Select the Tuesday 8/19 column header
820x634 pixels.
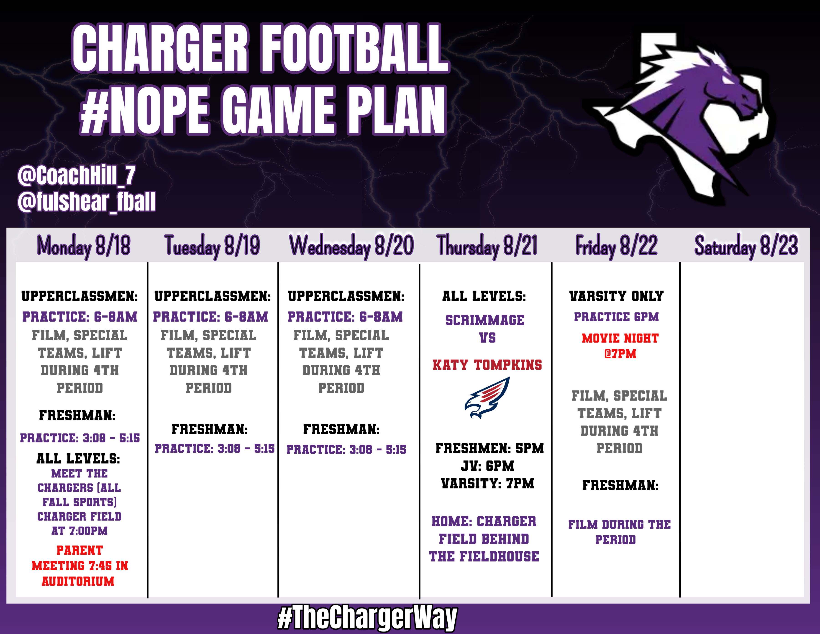click(212, 246)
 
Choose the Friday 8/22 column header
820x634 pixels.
click(617, 246)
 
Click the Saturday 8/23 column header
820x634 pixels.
click(746, 246)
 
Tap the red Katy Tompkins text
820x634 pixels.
click(487, 365)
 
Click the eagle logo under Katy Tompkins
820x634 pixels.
click(487, 398)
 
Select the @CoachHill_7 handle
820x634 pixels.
click(76, 176)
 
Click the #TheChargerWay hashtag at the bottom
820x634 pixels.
click(367, 617)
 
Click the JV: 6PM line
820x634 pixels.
click(487, 466)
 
